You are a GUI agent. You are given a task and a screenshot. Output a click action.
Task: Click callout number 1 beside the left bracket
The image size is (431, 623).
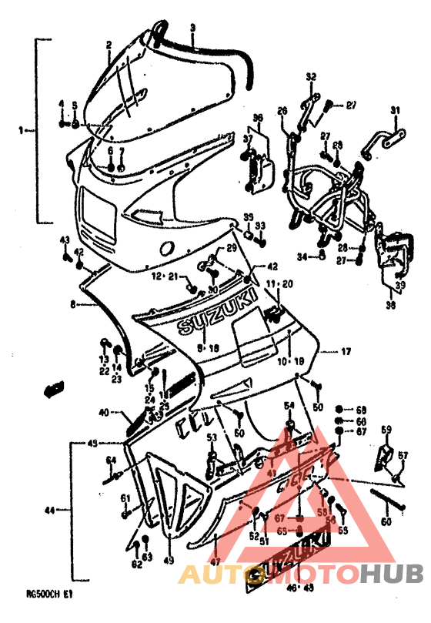pos(22,130)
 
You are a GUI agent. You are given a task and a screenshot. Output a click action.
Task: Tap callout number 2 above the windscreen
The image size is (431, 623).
pos(109,45)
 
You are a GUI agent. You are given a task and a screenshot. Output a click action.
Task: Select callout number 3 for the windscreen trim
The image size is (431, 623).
pos(192,27)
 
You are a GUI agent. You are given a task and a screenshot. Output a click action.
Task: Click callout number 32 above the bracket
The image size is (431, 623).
pos(311,75)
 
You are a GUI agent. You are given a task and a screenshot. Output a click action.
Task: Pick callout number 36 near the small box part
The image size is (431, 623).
pos(258,118)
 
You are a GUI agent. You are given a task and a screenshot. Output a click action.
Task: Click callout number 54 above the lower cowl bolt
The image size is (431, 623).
pos(289,406)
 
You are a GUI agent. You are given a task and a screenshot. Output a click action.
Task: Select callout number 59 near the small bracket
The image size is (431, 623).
pos(386,429)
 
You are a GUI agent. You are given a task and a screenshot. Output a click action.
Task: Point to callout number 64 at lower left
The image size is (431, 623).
pos(111,461)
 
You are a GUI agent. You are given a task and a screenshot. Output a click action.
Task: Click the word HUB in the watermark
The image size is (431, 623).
pos(393,574)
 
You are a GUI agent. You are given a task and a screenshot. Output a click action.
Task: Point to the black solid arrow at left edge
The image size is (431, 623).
pos(53,389)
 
